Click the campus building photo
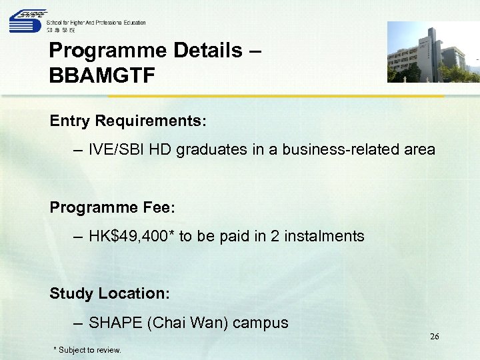point(433,52)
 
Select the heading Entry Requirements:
point(128,121)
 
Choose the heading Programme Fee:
point(112,207)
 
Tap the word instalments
point(325,236)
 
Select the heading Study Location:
point(110,293)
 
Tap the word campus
point(261,323)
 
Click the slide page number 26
point(434,337)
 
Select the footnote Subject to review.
point(89,350)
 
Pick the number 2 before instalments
point(275,236)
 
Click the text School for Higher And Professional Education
point(95,23)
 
